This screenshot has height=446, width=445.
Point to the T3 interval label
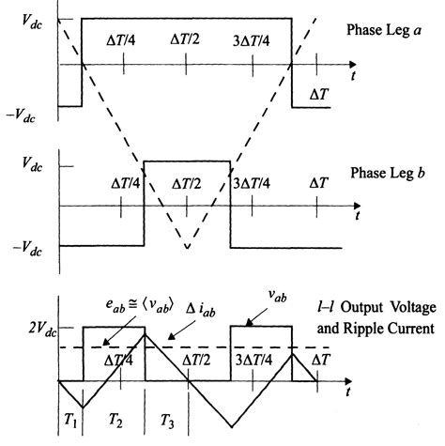pyautogui.click(x=165, y=422)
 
